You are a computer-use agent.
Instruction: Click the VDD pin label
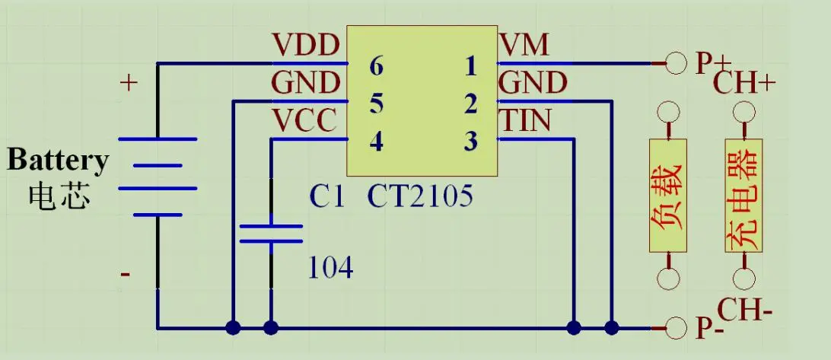305,46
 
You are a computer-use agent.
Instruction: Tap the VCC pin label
305,121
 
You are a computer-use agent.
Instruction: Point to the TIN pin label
526,121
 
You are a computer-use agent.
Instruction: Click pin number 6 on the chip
376,67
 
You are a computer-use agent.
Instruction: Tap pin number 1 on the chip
471,67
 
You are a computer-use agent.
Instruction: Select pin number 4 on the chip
376,142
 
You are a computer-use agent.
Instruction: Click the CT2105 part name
420,196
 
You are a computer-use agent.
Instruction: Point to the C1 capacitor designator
327,196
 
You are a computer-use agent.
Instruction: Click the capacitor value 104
330,267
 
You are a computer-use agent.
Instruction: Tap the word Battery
58,161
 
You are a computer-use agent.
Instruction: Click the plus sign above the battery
129,82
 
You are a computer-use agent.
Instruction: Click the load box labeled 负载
667,196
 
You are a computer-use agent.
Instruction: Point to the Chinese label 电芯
59,195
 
